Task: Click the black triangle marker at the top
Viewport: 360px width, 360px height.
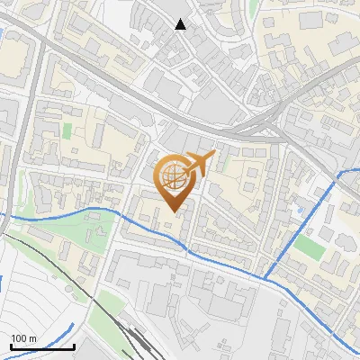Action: tap(181, 24)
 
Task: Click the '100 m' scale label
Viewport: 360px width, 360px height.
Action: tap(23, 337)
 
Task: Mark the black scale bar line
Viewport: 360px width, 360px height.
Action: tap(41, 346)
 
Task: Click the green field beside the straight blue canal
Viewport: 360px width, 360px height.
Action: tap(309, 246)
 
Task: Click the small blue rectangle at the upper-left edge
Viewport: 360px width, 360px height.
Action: tap(3, 36)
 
